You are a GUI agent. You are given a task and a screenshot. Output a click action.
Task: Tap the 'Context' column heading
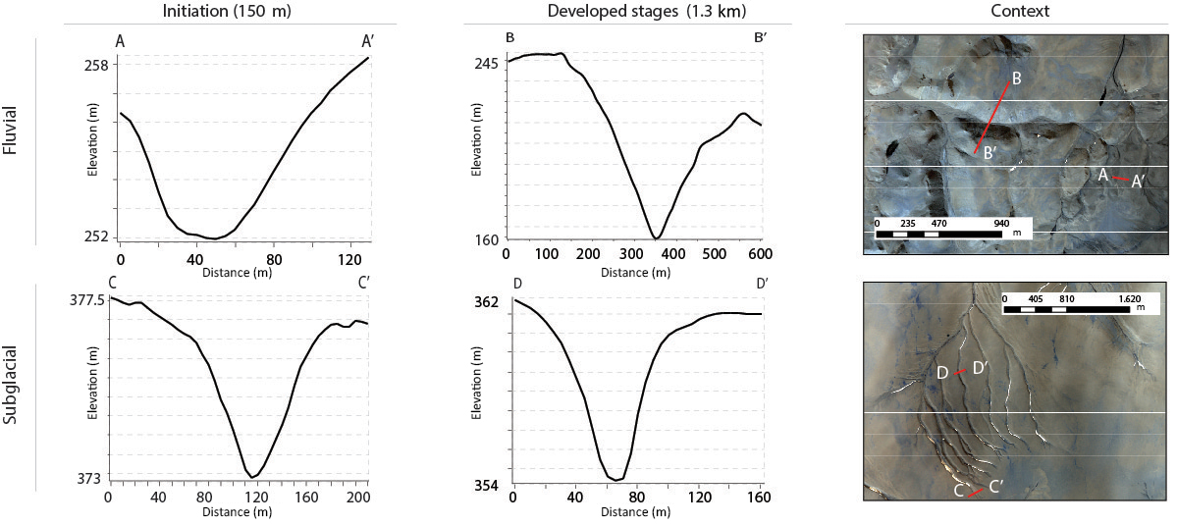pyautogui.click(x=1015, y=11)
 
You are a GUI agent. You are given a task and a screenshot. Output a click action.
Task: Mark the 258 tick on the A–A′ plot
pyautogui.click(x=96, y=64)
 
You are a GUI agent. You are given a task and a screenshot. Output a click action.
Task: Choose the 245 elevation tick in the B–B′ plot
pyautogui.click(x=487, y=63)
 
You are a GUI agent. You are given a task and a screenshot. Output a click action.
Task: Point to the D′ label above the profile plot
pyautogui.click(x=754, y=285)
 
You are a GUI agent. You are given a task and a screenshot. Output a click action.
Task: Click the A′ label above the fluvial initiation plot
pyautogui.click(x=368, y=41)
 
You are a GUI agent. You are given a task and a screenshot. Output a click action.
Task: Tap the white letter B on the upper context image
pyautogui.click(x=1017, y=78)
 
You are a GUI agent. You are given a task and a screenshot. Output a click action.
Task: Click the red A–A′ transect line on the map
pyautogui.click(x=1120, y=179)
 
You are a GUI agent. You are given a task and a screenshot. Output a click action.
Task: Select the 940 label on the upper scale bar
pyautogui.click(x=1000, y=223)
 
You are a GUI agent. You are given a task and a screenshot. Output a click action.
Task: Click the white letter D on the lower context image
pyautogui.click(x=941, y=373)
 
